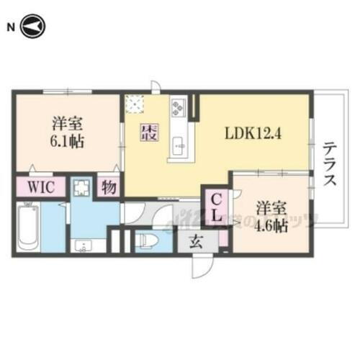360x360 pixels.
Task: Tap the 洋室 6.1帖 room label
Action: (x=67, y=131)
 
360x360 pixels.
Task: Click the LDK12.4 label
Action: (x=253, y=134)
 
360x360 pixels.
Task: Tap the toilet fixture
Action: (x=147, y=240)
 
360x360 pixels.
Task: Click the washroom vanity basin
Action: (x=81, y=245)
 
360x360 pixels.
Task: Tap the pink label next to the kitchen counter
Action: (x=149, y=132)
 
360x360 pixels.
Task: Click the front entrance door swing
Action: (x=199, y=268)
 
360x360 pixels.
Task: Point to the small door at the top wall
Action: (x=156, y=88)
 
